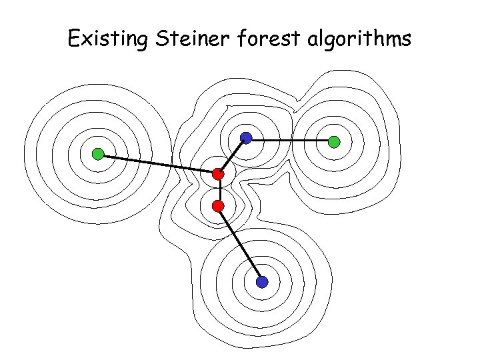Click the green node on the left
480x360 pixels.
point(98,155)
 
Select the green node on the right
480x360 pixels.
point(334,141)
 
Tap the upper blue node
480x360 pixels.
point(246,139)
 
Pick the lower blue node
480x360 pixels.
point(262,282)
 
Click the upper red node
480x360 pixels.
point(218,175)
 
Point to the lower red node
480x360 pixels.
point(217,206)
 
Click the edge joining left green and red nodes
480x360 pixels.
point(158,165)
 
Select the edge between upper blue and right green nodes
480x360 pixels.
point(290,140)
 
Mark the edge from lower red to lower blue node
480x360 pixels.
point(240,244)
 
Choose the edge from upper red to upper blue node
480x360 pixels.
point(232,157)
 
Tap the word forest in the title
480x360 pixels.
point(267,39)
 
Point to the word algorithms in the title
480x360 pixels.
point(360,40)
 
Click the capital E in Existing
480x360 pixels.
point(73,39)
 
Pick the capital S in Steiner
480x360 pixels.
point(163,39)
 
